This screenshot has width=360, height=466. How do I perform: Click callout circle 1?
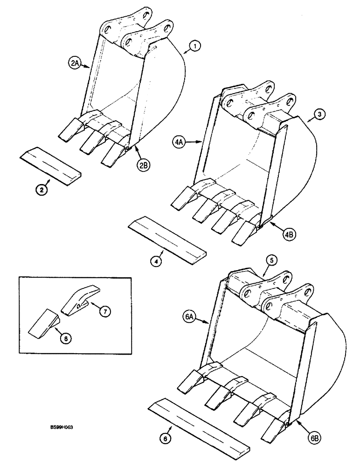point(194,46)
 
